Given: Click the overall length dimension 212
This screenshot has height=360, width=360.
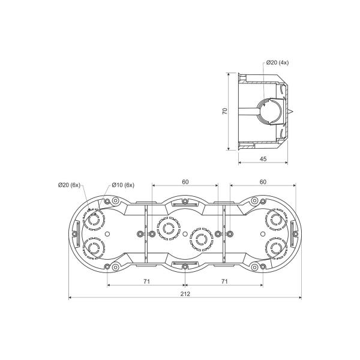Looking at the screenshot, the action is pos(185,294).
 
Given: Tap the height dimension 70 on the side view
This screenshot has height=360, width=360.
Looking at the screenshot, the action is pos(225,111).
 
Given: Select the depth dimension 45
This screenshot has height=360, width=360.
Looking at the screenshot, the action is pos(263,158).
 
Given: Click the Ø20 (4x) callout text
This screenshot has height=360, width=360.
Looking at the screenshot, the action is pos(277,62).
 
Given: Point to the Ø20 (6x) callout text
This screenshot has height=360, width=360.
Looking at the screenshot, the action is pos(70,185).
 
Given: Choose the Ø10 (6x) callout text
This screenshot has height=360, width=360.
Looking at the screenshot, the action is pos(123,185).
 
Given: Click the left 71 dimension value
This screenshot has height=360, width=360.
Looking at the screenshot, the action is pos(147,281).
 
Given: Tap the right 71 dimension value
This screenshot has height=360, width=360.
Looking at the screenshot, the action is pos(224,281).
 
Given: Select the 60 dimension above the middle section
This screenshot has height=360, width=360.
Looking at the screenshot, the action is pos(185,182).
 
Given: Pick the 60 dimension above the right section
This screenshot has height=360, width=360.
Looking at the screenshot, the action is pos(263,182).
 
